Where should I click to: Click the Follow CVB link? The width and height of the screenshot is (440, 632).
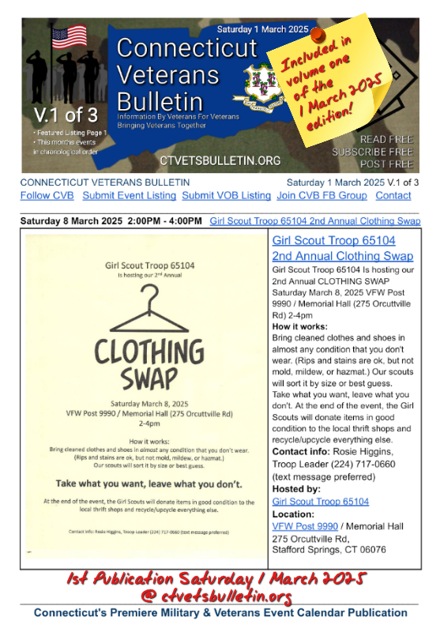click(47, 195)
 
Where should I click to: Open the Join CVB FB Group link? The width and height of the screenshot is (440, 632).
click(322, 195)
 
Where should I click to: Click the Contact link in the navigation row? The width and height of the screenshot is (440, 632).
click(393, 195)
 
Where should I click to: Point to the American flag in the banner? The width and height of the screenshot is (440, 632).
click(69, 37)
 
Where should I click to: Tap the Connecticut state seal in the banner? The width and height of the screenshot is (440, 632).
click(258, 83)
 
